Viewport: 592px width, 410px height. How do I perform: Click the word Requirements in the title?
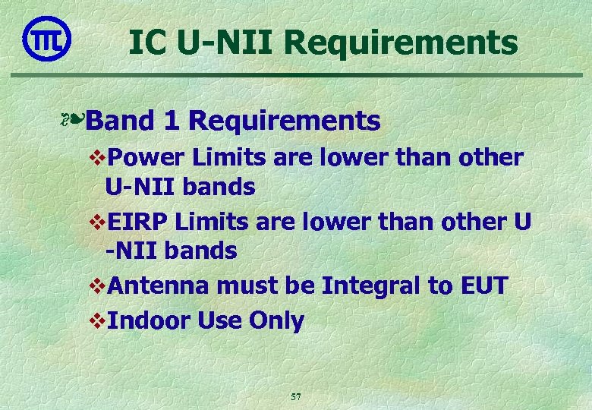pos(402,43)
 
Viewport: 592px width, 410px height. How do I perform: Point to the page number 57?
pos(296,396)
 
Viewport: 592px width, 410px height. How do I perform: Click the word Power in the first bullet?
pos(146,158)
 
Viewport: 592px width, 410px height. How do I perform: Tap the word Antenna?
pos(159,287)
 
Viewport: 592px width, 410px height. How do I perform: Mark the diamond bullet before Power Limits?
pos(96,159)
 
